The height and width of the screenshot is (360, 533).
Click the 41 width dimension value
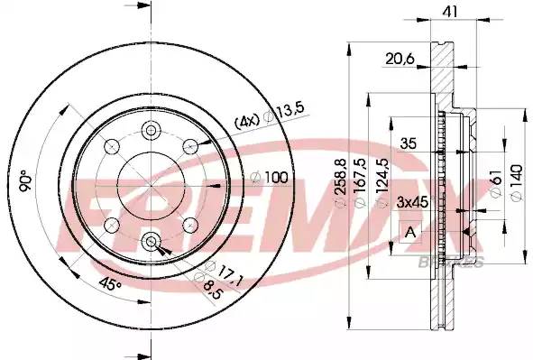(x=450, y=13)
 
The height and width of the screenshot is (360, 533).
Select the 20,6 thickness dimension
(x=400, y=60)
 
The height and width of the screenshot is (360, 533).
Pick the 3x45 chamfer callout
(x=412, y=203)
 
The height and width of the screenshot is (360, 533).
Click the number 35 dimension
(x=409, y=143)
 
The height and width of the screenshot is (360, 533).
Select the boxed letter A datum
(x=410, y=233)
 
